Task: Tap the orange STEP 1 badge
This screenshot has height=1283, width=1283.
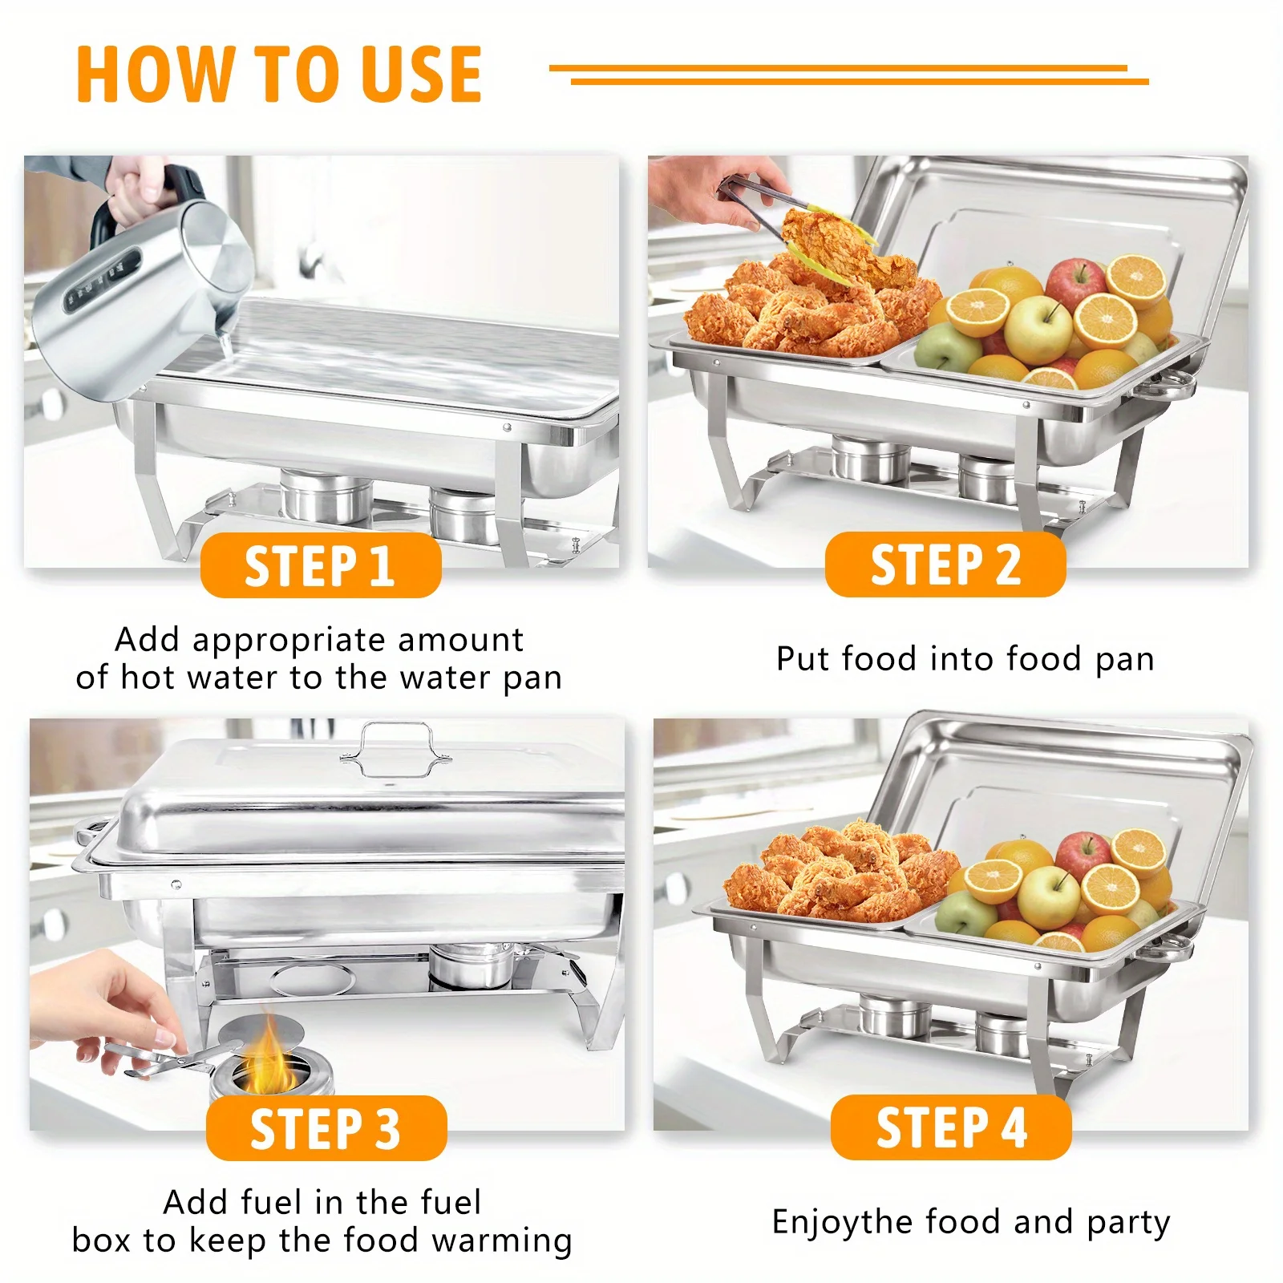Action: [x=320, y=566]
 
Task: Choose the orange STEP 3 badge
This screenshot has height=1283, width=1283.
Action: [x=326, y=1128]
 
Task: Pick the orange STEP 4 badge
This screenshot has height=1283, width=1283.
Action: [x=950, y=1127]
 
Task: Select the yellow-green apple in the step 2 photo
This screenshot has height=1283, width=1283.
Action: [x=1038, y=329]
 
